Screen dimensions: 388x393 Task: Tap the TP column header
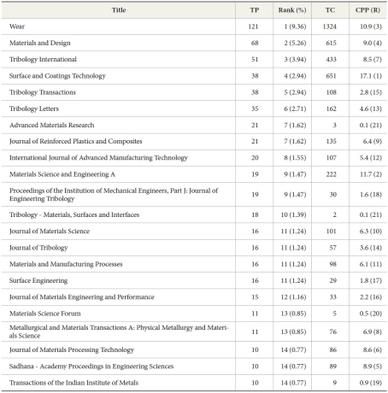[253, 10]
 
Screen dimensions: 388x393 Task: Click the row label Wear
[16, 26]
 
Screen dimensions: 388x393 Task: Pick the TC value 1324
[330, 26]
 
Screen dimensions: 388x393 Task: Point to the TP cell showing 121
[253, 26]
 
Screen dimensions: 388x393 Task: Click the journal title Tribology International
[43, 59]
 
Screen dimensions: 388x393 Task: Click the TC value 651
[330, 75]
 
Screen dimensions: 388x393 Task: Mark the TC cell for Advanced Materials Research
[330, 125]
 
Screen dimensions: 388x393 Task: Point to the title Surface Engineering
[38, 279]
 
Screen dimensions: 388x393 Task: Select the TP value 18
[253, 214]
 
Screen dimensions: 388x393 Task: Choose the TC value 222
[330, 174]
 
